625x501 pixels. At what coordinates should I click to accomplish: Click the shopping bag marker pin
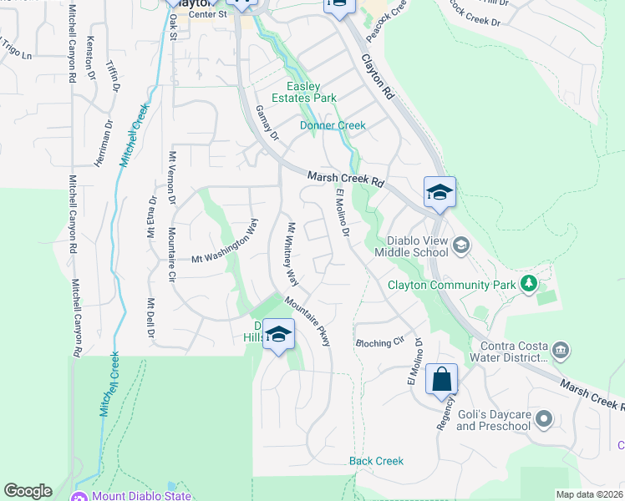click(x=441, y=380)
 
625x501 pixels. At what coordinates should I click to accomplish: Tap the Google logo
click(x=28, y=491)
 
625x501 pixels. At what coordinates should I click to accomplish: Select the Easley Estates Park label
click(x=311, y=92)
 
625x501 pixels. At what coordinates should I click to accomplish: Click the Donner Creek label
click(x=333, y=125)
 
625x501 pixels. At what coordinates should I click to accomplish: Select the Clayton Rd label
click(x=378, y=79)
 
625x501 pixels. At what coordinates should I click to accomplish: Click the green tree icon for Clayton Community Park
click(x=528, y=284)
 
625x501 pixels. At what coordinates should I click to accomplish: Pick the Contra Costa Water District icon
click(x=561, y=349)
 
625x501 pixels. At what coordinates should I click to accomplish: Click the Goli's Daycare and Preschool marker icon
click(x=545, y=418)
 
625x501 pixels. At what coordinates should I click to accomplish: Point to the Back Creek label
click(x=376, y=461)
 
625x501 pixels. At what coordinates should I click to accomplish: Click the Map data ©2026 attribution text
click(x=589, y=494)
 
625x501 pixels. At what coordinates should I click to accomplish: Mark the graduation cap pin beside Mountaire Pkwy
click(x=279, y=336)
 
